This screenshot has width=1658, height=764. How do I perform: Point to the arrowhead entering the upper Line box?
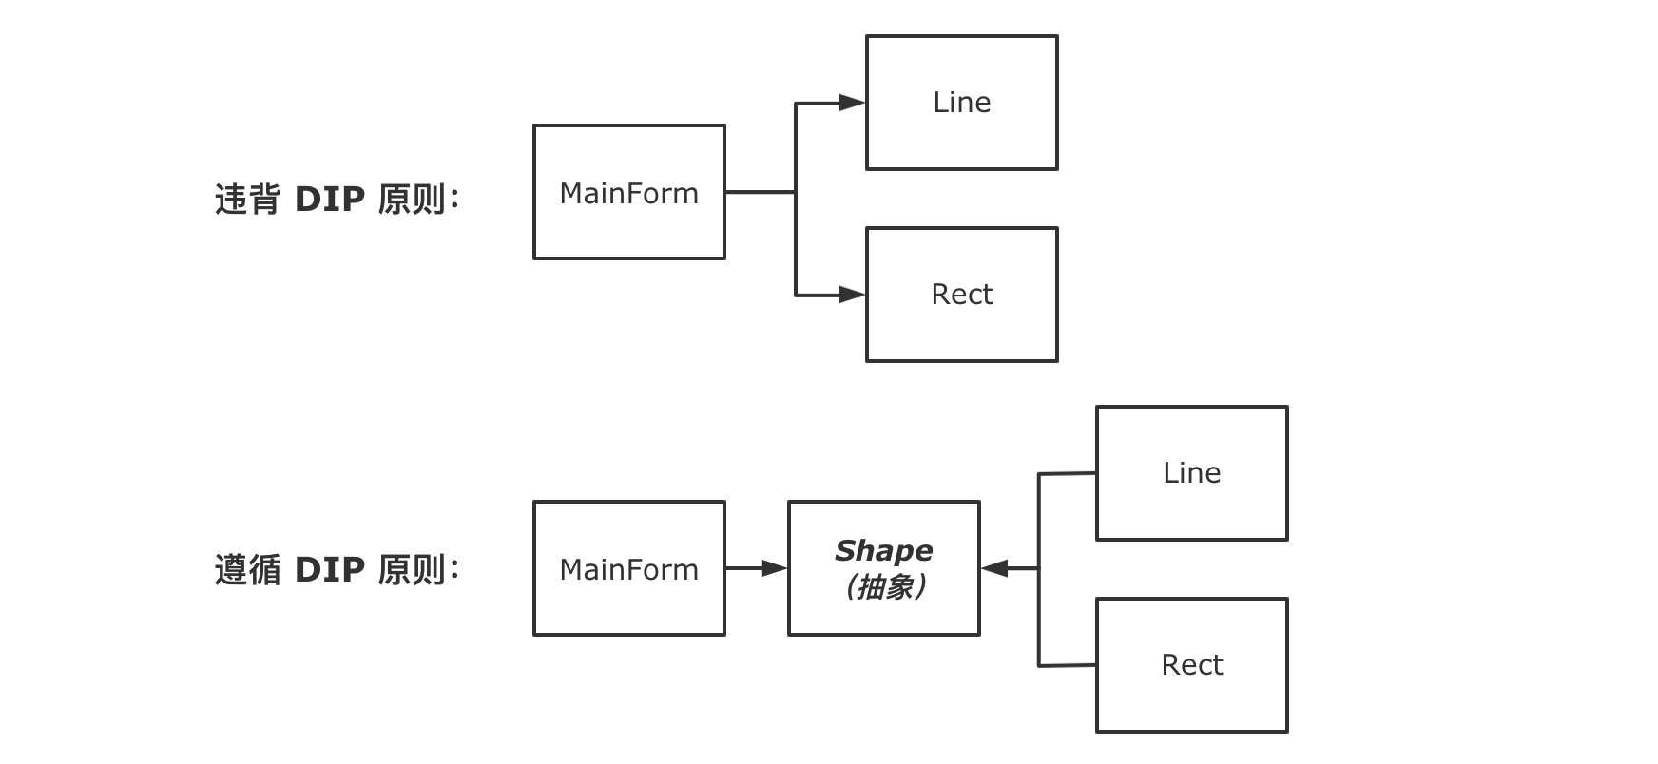[x=853, y=103]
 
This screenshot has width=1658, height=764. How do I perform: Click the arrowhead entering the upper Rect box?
[x=853, y=295]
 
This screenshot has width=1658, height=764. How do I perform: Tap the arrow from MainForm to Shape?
[x=757, y=568]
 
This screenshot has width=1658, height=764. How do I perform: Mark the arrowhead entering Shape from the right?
[x=994, y=568]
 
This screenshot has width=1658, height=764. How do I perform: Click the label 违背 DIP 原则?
[x=337, y=200]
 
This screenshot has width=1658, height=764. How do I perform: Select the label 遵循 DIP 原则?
[x=337, y=570]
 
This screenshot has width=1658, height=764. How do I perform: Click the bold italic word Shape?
[x=884, y=551]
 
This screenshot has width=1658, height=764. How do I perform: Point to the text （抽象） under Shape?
[x=884, y=587]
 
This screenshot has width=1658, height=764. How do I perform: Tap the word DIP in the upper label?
[x=330, y=200]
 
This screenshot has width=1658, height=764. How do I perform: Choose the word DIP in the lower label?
[x=330, y=570]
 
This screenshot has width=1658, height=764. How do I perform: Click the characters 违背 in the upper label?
[x=247, y=200]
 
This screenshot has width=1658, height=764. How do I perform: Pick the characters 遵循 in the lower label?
[x=247, y=570]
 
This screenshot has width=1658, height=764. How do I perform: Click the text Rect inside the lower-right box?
[x=1192, y=665]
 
